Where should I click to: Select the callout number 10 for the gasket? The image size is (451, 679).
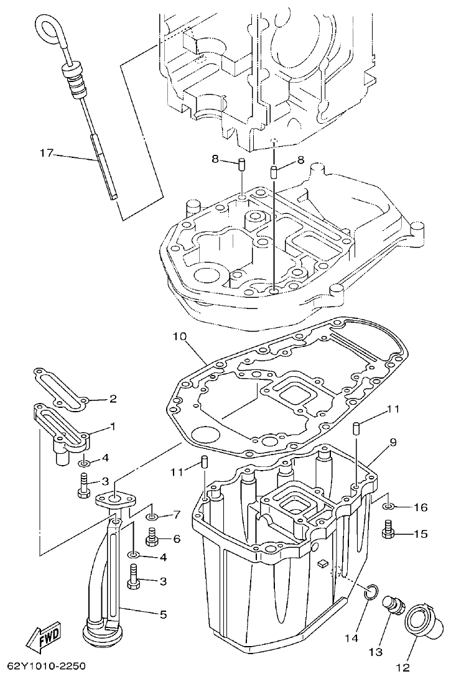(179, 338)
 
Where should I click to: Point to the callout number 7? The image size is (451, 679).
(176, 515)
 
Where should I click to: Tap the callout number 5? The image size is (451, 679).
(163, 614)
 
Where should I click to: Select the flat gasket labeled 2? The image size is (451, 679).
(59, 388)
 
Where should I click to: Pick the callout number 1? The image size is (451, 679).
(113, 427)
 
